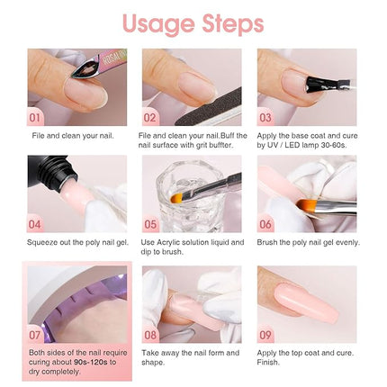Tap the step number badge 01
[x=36, y=116]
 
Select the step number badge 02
[x=151, y=116]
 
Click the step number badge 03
[x=266, y=116]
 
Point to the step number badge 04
[x=36, y=223]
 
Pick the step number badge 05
[x=151, y=223]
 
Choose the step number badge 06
[x=266, y=223]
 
